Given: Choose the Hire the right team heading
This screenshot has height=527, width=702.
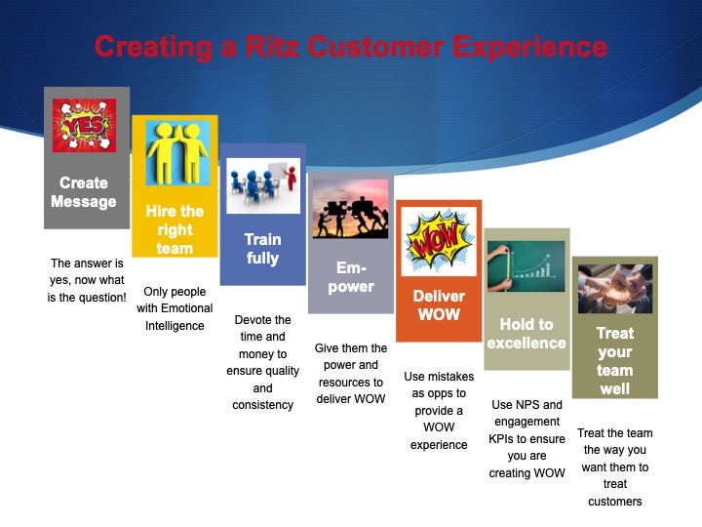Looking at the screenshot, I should tap(175, 229).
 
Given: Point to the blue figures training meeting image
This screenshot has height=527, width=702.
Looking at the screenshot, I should tap(262, 185).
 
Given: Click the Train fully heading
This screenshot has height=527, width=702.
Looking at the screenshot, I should tap(262, 249).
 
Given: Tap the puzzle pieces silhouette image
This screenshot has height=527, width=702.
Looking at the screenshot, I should tap(350, 209).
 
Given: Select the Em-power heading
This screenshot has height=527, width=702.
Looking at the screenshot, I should tap(350, 278).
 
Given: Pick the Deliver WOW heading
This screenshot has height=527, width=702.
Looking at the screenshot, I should tap(439, 305).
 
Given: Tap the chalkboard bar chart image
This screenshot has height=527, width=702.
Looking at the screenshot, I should tap(526, 265).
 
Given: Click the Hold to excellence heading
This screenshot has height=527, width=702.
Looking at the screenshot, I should tap(526, 334).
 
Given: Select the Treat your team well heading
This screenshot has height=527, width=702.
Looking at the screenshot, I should tap(614, 361).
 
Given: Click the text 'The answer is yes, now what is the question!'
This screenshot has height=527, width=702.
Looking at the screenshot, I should tap(88, 280).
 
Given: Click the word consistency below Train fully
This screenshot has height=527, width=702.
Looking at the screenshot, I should tap(262, 405).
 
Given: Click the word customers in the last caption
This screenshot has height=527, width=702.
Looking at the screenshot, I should tap(615, 502).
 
